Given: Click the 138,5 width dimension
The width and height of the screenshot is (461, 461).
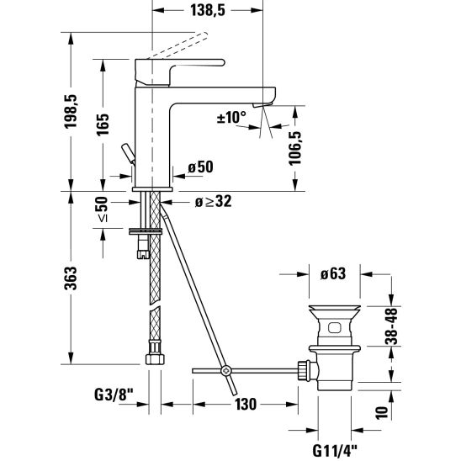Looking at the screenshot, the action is click(208, 10).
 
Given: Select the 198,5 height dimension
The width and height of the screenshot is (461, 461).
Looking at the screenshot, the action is click(71, 111).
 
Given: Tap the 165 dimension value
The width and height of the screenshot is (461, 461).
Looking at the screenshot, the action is click(103, 124).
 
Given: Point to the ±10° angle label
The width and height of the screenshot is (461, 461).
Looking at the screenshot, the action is click(231, 117).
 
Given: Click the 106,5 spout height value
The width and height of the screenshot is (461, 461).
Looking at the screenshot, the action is click(295, 148).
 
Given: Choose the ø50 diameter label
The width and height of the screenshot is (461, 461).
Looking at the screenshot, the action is click(200, 167).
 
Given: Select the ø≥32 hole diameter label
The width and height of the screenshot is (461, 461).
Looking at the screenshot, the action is click(214, 201).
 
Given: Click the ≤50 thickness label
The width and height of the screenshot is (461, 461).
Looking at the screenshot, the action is click(102, 209).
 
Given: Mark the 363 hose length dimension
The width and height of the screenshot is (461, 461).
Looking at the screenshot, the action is click(71, 278).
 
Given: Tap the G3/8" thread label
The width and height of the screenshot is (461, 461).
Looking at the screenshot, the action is click(114, 395).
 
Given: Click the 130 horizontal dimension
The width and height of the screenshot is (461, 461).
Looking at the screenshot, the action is click(246, 405).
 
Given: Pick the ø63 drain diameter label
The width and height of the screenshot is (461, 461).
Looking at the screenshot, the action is click(333, 273).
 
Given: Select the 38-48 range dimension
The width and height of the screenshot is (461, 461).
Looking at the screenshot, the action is click(391, 326).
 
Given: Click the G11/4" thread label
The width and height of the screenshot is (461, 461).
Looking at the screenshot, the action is click(335, 450).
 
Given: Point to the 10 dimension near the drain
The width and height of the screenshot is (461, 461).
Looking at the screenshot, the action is click(382, 412).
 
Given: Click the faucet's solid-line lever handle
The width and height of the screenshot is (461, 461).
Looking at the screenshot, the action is click(180, 72).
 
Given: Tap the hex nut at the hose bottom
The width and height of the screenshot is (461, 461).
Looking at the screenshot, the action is click(155, 359).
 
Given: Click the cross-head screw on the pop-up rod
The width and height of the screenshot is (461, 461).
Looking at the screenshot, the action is click(226, 371).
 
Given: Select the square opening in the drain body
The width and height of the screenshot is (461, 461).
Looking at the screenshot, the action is click(335, 328).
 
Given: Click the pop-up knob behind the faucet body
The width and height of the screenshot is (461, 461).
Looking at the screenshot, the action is click(128, 152).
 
